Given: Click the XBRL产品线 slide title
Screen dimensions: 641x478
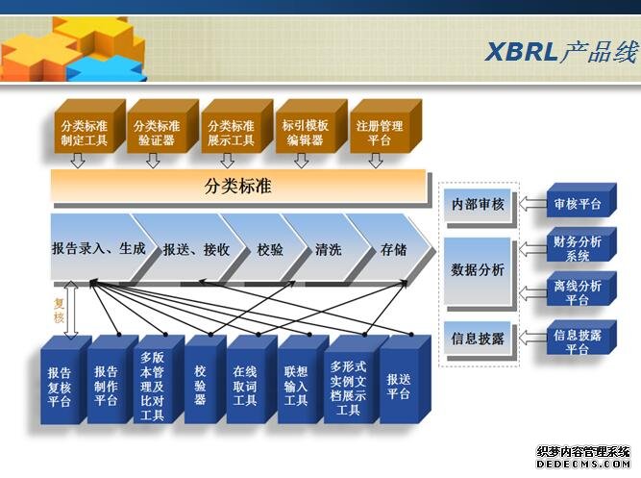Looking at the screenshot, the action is (x=561, y=52).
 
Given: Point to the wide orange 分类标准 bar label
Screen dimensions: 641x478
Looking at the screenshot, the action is (x=237, y=187).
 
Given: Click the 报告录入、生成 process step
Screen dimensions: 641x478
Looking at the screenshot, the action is (x=99, y=248).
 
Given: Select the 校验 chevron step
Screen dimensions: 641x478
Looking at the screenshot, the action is (x=270, y=249).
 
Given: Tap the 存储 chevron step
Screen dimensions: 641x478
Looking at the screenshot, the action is (x=393, y=249).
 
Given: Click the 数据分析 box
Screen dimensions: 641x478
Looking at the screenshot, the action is (x=478, y=271).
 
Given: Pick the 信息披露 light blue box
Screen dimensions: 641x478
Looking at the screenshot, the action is (x=478, y=339).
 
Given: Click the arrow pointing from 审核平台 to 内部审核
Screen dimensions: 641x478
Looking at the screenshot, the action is (x=533, y=203).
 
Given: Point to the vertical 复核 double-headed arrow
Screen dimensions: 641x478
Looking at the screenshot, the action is (x=71, y=310).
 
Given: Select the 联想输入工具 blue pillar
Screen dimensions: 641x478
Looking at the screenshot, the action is (x=302, y=380).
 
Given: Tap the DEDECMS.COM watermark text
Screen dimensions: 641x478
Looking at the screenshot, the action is (x=583, y=464).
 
